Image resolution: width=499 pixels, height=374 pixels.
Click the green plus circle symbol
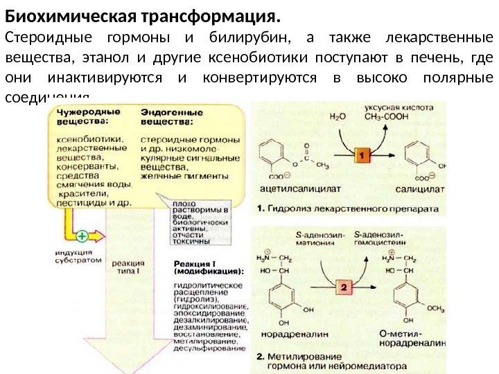pyautogui.click(x=82, y=236)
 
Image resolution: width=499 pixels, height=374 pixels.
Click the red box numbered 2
pyautogui.click(x=344, y=286)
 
